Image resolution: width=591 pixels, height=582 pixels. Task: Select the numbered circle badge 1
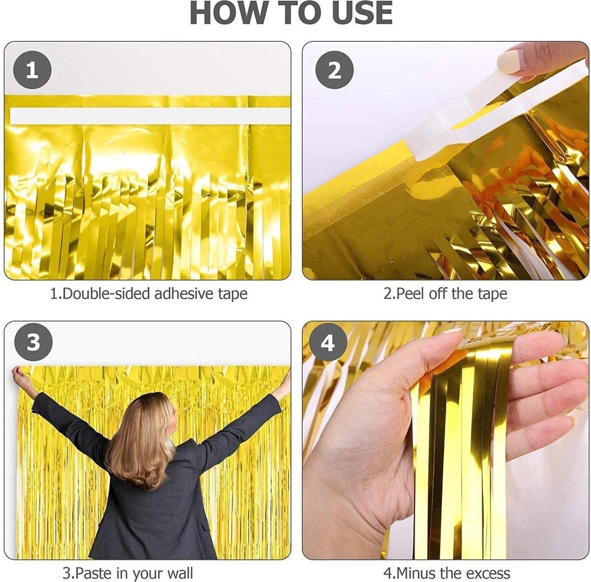(x=32, y=70)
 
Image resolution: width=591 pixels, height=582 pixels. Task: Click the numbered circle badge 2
(x=334, y=70)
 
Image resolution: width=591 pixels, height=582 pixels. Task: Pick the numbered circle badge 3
(x=33, y=342)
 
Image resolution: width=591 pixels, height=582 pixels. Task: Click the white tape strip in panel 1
(x=150, y=116)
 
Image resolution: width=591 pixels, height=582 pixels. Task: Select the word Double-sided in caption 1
(x=106, y=294)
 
